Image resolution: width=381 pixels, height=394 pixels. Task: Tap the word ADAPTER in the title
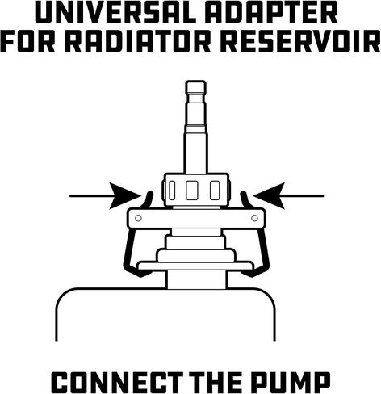point(271,13)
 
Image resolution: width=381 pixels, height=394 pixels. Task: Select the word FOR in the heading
point(28,42)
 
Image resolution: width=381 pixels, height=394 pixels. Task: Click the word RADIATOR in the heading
point(137,42)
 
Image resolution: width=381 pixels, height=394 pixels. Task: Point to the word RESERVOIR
point(300,42)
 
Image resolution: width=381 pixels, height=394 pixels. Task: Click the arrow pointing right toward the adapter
point(106,196)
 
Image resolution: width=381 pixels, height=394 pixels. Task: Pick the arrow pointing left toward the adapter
point(289,196)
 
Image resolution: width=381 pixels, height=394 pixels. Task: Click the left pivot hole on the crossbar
point(138,218)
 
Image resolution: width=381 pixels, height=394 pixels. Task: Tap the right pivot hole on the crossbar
point(254,218)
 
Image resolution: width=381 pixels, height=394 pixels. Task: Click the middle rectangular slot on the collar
point(192,191)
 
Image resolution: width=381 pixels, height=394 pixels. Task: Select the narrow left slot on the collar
point(172,191)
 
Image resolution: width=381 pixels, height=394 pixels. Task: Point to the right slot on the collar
point(215,191)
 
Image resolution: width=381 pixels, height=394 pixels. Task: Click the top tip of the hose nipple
point(196,81)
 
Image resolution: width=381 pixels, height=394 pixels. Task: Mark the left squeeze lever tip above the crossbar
point(150,193)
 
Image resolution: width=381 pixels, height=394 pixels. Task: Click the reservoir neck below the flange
point(197,280)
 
